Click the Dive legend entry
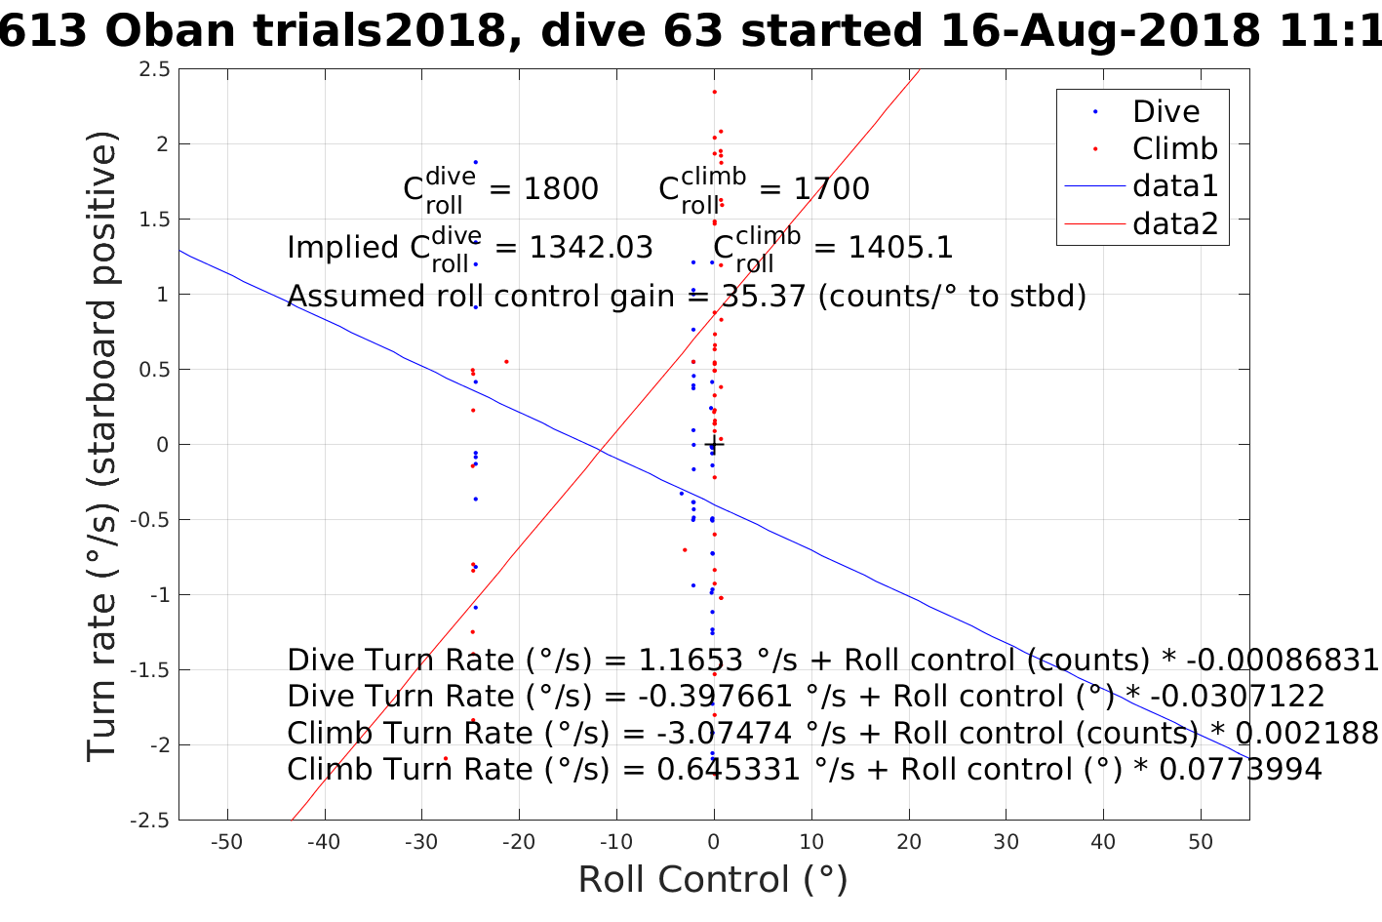point(1165,112)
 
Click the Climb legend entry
point(1174,149)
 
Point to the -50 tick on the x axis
point(227,842)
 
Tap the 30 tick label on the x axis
point(1006,842)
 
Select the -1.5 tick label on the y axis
point(151,670)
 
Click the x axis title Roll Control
point(713,880)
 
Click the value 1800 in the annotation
point(561,188)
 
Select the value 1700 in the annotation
point(831,188)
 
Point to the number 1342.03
point(591,248)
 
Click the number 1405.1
point(900,248)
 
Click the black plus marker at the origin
point(714,445)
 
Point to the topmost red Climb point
point(714,92)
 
